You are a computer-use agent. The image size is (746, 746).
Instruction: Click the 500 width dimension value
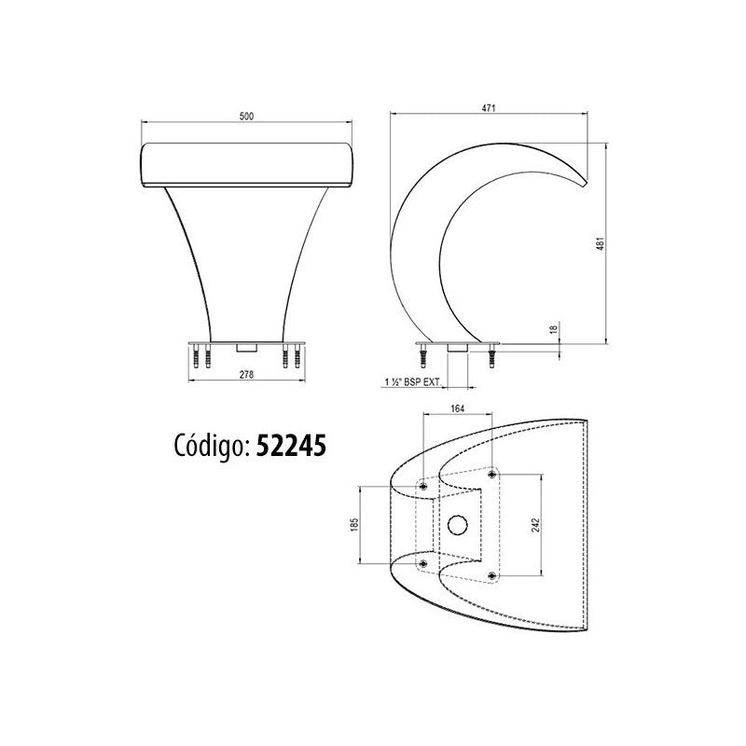click(x=246, y=116)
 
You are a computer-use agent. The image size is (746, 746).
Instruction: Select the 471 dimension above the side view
click(x=489, y=108)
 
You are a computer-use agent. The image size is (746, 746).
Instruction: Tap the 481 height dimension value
click(x=601, y=243)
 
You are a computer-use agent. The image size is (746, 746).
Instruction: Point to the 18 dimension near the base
click(x=553, y=329)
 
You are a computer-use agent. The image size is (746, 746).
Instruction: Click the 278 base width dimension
click(x=246, y=375)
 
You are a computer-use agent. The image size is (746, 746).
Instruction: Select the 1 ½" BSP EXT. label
click(x=413, y=381)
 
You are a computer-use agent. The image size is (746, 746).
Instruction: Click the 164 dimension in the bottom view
click(x=457, y=408)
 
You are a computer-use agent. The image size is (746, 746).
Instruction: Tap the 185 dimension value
click(x=353, y=524)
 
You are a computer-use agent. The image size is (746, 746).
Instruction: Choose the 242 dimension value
click(x=536, y=525)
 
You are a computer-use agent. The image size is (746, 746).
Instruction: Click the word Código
click(x=210, y=446)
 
